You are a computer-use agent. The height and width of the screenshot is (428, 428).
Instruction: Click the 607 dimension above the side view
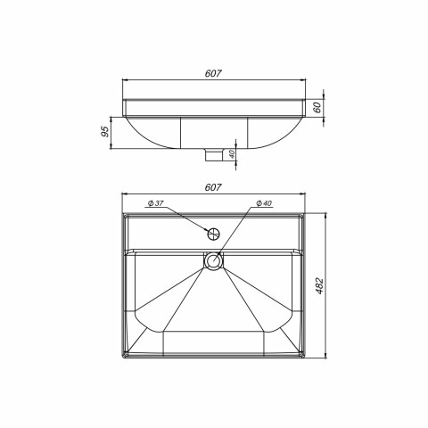(213, 73)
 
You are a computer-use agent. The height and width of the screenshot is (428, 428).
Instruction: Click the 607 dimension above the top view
(213, 187)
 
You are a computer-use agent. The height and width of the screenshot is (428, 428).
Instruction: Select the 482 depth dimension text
(319, 286)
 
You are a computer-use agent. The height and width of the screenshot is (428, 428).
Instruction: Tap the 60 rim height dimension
(317, 107)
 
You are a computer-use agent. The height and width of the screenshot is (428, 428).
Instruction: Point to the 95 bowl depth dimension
(105, 131)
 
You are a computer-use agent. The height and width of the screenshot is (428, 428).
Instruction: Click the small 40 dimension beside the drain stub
(232, 154)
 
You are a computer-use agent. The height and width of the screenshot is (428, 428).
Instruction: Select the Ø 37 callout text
(155, 203)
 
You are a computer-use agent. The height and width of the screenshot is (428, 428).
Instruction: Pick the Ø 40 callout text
(264, 203)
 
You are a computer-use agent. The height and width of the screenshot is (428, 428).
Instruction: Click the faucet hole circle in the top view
(213, 235)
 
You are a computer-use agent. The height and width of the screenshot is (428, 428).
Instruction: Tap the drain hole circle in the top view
(214, 260)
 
